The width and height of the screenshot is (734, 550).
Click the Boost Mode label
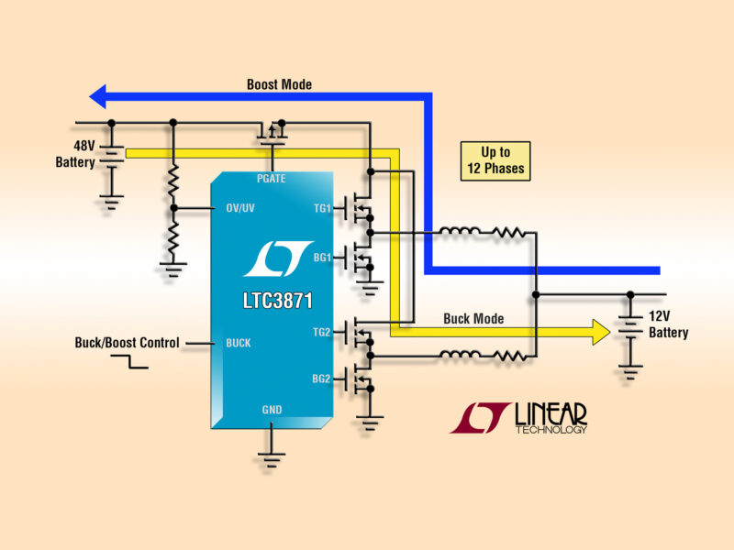point(279,84)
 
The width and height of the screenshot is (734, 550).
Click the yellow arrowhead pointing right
point(600,332)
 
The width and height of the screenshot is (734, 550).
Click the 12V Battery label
point(668,324)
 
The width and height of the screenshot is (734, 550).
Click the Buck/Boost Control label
point(127,343)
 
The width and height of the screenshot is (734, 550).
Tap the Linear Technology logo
point(518,417)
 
